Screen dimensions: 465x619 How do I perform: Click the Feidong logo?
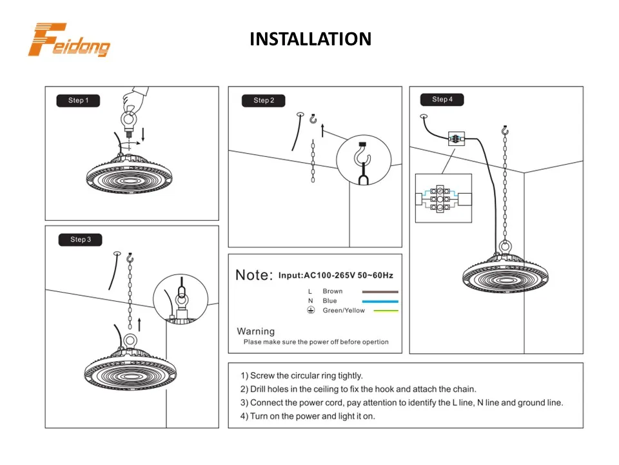(68, 40)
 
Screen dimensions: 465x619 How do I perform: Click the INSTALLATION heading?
(310, 39)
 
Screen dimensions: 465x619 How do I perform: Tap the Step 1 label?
(78, 101)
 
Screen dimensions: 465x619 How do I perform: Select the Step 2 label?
(264, 101)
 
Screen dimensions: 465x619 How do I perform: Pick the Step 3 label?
(81, 240)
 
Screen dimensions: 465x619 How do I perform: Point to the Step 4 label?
(442, 99)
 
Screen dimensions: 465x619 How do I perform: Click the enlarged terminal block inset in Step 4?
(443, 198)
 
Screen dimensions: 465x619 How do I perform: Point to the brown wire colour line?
(380, 292)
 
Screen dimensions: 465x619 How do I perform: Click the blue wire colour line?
(380, 302)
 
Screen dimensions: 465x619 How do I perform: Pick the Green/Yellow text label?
(344, 311)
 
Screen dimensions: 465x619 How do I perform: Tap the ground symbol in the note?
(310, 311)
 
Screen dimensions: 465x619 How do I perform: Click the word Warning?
(255, 331)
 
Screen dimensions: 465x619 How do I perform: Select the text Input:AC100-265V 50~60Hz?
(335, 275)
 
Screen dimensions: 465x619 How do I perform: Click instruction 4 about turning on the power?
(308, 416)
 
